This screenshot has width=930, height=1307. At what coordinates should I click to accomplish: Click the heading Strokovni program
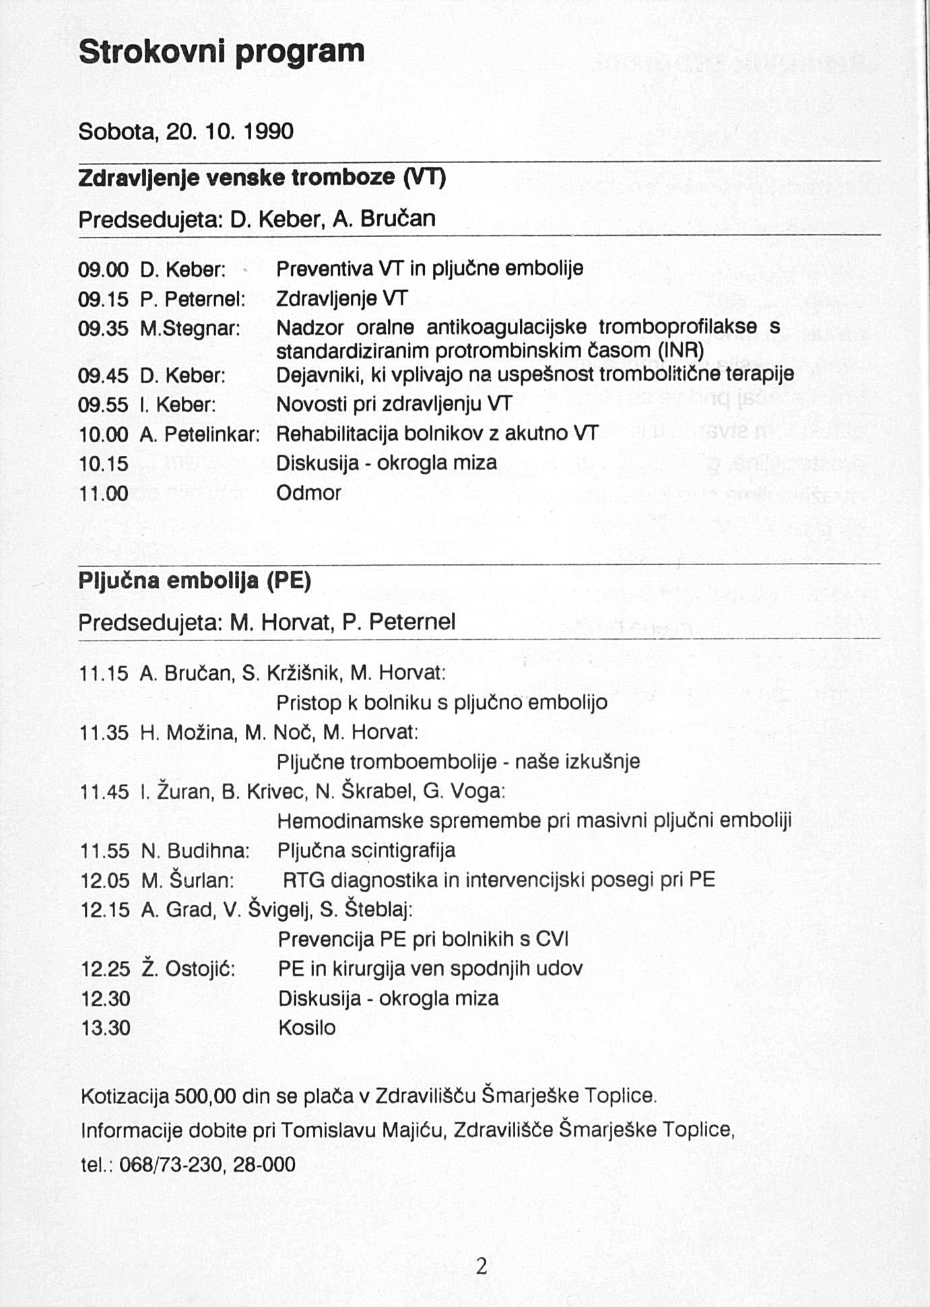222,52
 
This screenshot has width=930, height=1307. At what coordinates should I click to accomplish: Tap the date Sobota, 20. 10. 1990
186,131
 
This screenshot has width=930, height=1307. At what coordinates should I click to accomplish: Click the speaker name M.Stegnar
191,329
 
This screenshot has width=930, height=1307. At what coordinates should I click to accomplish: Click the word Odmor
308,493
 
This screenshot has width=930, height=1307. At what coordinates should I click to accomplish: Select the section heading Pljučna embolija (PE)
195,580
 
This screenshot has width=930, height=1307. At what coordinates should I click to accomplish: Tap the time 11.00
104,494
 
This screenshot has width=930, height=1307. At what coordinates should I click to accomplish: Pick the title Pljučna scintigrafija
366,850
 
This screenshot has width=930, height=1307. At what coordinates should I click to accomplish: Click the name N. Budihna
195,851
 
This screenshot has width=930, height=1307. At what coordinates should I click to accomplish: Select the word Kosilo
306,1028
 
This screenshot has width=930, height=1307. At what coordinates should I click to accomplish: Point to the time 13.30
106,1028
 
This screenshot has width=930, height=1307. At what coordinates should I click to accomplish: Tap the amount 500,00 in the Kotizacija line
205,1096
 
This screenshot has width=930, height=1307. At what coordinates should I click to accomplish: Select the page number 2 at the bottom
481,1267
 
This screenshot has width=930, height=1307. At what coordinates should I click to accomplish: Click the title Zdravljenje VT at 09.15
342,298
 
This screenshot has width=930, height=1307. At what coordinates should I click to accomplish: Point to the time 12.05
105,880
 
